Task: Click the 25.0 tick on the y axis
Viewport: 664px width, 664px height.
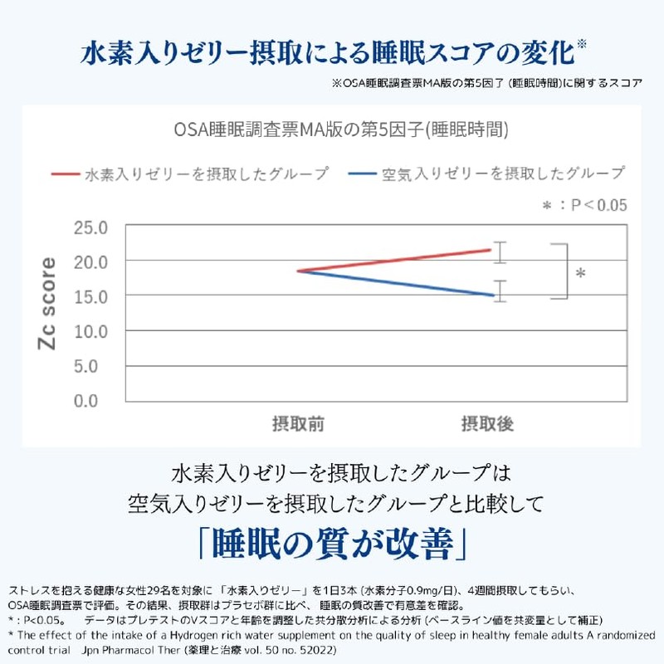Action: [90, 227]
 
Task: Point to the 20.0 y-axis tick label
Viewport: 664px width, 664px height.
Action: [90, 262]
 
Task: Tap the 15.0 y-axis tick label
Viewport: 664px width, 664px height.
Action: [90, 297]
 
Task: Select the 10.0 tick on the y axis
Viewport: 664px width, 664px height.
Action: [90, 331]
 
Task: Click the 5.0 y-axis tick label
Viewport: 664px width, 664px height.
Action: [86, 366]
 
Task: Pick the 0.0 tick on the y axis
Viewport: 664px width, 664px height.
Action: [86, 401]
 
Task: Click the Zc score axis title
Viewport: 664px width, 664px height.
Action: [46, 303]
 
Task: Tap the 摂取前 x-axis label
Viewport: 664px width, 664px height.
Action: [298, 424]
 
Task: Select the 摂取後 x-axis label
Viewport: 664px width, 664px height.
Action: [487, 424]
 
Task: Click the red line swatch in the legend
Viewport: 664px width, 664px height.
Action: [66, 174]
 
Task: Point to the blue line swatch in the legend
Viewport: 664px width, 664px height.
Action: [362, 173]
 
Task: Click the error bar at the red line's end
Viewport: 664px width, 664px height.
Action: [500, 252]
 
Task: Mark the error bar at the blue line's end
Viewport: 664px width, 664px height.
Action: [500, 291]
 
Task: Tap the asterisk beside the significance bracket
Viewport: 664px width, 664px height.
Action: [580, 274]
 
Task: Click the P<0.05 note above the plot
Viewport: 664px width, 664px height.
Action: [585, 205]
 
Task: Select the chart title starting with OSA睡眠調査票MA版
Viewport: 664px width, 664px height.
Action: [341, 129]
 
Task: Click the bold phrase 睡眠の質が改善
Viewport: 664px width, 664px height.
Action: [333, 544]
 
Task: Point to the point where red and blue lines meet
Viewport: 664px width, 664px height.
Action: [299, 271]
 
